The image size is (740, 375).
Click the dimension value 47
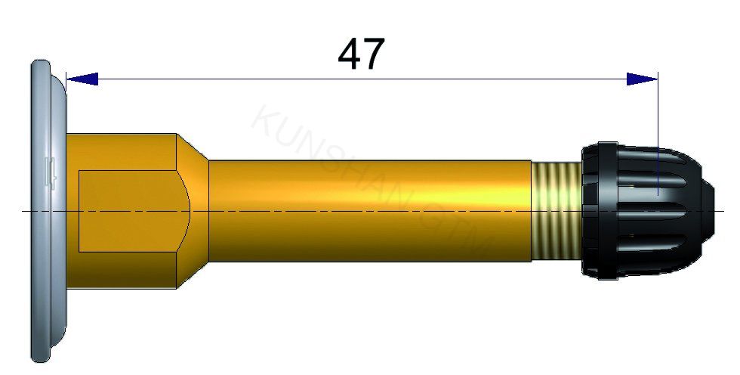[x=361, y=54]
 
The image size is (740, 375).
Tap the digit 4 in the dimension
[x=348, y=54]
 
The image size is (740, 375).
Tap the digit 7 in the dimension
[x=374, y=54]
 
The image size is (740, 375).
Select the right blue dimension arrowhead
[x=642, y=79]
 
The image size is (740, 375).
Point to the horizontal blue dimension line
[x=362, y=79]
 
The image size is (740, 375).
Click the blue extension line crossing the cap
[x=658, y=136]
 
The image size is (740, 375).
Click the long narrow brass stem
[x=370, y=210]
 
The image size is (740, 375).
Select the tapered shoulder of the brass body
[x=193, y=210]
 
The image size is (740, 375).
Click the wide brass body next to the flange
[x=121, y=151]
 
